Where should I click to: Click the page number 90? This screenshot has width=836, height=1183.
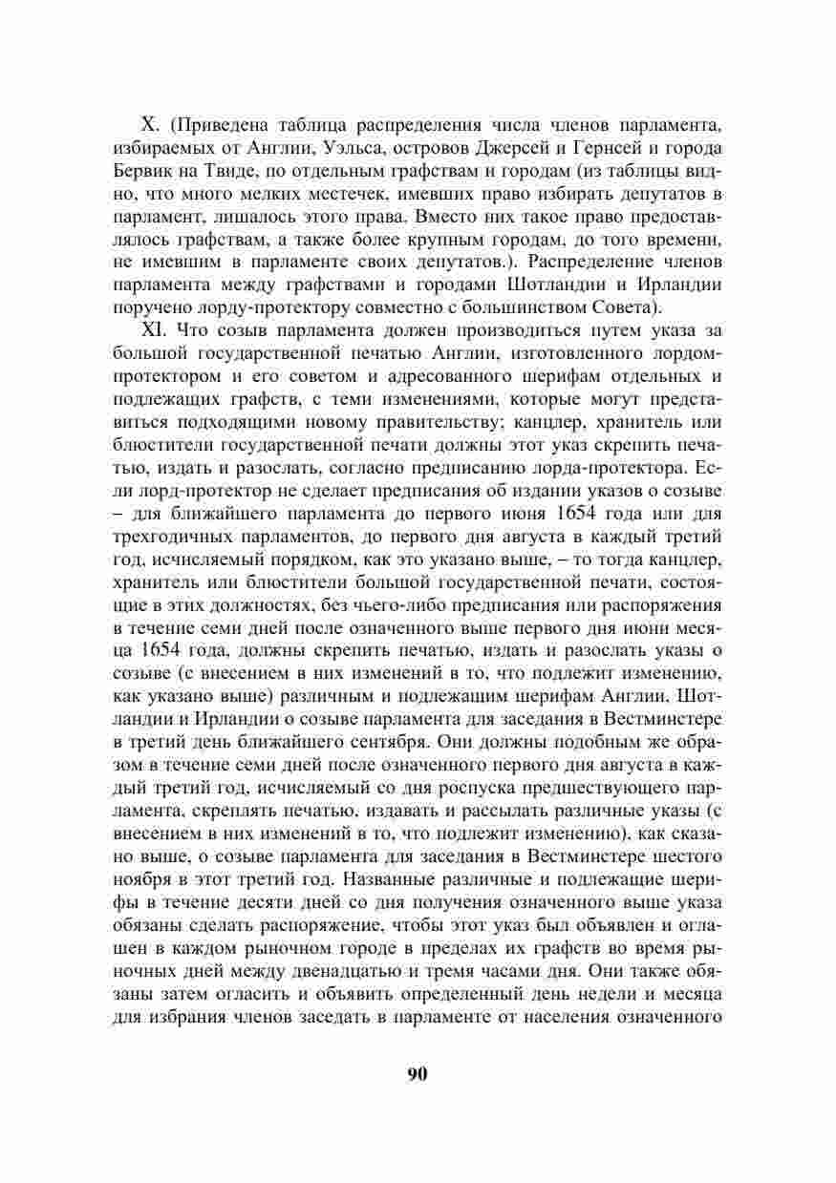417,1074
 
